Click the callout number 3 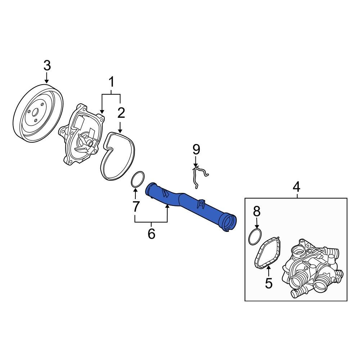coord(47,66)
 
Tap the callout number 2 coord(121,113)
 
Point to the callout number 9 coord(196,149)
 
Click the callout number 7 coord(135,206)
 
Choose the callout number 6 coord(151,234)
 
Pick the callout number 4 coord(296,186)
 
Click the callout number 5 coord(269,283)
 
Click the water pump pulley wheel coord(37,112)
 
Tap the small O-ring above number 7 coord(137,180)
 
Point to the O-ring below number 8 coord(255,237)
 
